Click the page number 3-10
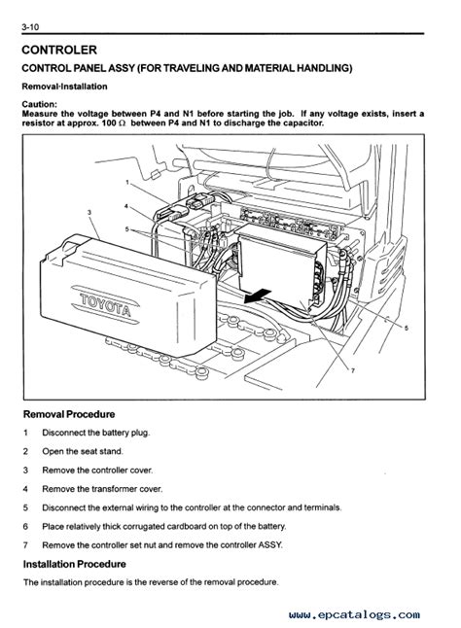point(30,27)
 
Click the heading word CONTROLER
point(59,50)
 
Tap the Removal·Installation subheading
point(64,87)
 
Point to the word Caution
point(39,105)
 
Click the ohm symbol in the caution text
point(122,123)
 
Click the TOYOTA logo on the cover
point(106,305)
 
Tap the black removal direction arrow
point(258,297)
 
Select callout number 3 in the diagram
point(89,212)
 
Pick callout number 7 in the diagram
point(352,370)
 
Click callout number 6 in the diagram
point(407,328)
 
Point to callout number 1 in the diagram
point(127,183)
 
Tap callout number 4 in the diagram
point(126,206)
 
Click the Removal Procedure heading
point(69,414)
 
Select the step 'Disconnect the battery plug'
point(95,433)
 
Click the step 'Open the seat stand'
point(83,451)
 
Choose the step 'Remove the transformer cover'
point(102,489)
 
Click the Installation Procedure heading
point(75,564)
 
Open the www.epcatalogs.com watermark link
point(354,615)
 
